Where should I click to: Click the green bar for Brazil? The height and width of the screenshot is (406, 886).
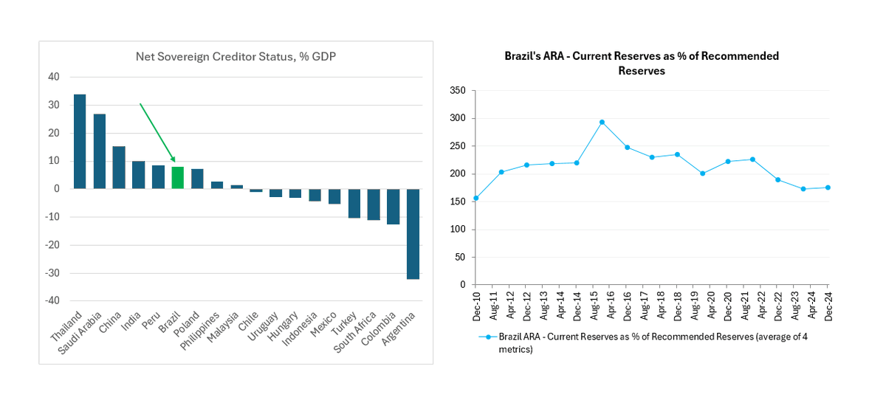click(x=177, y=178)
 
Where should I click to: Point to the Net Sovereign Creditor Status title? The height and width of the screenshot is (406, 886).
click(x=236, y=56)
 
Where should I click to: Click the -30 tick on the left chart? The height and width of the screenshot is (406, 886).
click(x=55, y=273)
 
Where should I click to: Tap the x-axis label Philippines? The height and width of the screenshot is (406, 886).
click(x=210, y=331)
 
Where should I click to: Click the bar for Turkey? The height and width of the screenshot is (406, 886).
click(x=354, y=204)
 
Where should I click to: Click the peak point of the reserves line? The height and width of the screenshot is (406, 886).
click(x=602, y=122)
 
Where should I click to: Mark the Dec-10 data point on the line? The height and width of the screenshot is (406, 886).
click(x=475, y=198)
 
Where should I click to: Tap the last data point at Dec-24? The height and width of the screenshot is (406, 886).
click(x=828, y=187)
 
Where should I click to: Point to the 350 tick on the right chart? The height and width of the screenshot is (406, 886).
click(x=459, y=90)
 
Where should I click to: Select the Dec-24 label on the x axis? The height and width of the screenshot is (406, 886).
click(x=828, y=304)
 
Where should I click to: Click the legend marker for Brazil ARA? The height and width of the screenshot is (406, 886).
click(x=487, y=337)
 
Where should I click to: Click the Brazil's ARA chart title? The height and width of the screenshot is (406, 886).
click(x=641, y=63)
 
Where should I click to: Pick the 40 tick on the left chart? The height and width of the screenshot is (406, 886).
click(x=55, y=77)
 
